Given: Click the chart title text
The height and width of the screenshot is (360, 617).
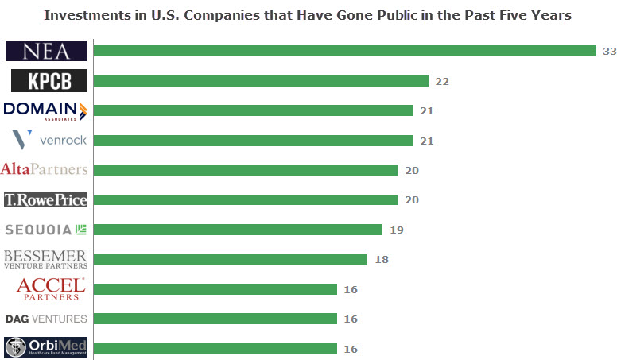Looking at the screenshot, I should (x=308, y=15).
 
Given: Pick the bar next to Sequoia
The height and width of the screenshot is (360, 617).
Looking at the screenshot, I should (x=238, y=230).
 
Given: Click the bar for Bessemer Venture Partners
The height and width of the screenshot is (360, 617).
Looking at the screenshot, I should (x=231, y=259).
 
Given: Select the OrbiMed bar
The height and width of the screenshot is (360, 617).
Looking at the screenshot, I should (x=215, y=348).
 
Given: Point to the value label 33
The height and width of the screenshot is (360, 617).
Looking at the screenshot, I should (x=610, y=51).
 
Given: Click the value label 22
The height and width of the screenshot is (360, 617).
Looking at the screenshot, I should (x=442, y=81).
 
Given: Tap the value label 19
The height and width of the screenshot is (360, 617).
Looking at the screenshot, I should (x=396, y=230).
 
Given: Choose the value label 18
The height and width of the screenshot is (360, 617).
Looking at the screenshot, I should (x=381, y=259).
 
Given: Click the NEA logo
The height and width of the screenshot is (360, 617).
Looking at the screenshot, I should (x=46, y=51).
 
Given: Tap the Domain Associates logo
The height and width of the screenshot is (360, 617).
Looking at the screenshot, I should (x=45, y=110).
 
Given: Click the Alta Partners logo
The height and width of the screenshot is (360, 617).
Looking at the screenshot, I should (x=45, y=169).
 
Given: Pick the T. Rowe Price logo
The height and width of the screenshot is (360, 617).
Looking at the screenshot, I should (x=45, y=199).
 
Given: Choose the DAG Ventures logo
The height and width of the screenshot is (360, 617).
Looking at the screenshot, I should (x=46, y=319).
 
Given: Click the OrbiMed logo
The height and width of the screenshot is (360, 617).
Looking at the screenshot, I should (x=46, y=348).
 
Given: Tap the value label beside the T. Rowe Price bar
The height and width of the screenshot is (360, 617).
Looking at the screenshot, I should (x=411, y=199).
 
